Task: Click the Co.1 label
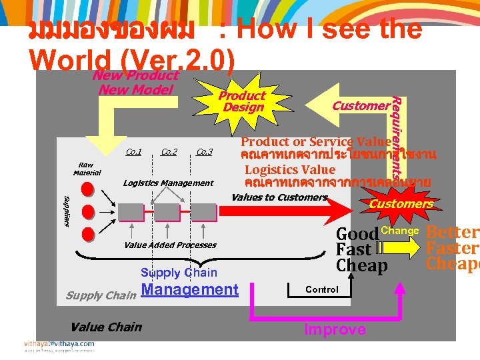[x=133, y=152]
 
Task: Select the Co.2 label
[x=169, y=152]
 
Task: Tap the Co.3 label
[x=204, y=152]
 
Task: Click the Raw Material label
[x=87, y=169]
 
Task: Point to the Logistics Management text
[x=168, y=183]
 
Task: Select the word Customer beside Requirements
[x=361, y=105]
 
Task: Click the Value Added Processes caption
[x=170, y=245]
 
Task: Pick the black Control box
[x=322, y=289]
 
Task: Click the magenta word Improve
[x=335, y=329]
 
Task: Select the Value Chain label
[x=106, y=327]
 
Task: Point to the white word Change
[x=399, y=231]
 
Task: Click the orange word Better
[x=453, y=233]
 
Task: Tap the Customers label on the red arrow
[x=401, y=203]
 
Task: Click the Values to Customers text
[x=279, y=197]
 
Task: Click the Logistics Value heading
[x=290, y=169]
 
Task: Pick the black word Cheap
[x=361, y=265]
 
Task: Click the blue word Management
[x=190, y=289]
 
